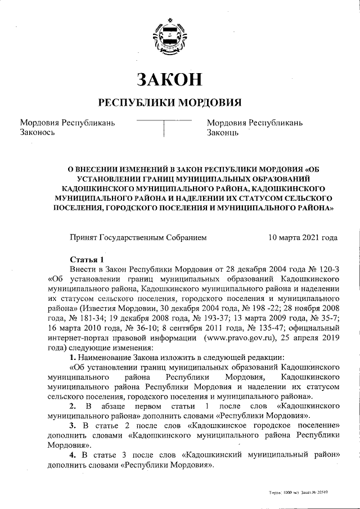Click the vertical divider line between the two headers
coord(164,129)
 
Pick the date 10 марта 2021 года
coord(303,237)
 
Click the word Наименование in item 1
coord(106,358)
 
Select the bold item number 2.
coord(72,406)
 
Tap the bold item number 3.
coord(72,426)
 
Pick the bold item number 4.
coord(72,455)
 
